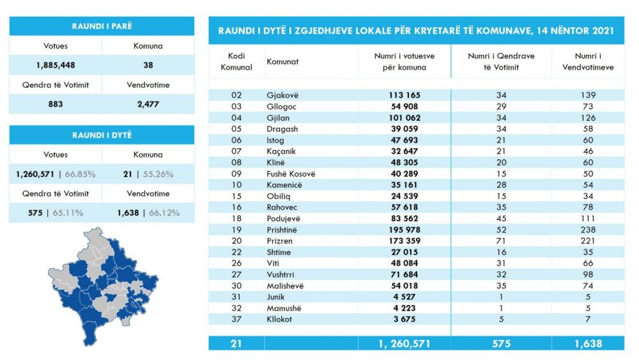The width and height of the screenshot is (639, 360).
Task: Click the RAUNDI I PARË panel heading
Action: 102,26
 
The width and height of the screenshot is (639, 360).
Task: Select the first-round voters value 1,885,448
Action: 56,65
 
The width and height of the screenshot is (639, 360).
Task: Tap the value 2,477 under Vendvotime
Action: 148,104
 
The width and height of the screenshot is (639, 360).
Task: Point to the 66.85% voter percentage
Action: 80,174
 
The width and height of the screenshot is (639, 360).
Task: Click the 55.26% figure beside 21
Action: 158,174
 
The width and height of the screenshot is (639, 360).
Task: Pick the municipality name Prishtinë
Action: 282,230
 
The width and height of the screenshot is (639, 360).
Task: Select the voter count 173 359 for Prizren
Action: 404,241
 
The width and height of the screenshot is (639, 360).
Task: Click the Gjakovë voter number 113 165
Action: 404,95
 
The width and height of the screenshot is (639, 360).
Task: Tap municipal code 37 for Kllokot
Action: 236,319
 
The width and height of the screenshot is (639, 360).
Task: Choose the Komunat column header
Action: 282,61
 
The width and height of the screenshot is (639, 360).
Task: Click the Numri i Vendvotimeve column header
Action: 588,61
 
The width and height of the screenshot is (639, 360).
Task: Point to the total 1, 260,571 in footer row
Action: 404,343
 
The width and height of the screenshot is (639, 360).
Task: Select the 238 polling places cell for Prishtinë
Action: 588,230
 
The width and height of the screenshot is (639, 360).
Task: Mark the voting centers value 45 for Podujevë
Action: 501,219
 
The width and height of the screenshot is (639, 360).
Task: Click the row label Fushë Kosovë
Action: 291,174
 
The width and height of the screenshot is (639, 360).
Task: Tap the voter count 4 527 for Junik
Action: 404,297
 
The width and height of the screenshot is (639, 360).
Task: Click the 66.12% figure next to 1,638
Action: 164,213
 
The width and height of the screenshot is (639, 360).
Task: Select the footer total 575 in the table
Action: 501,343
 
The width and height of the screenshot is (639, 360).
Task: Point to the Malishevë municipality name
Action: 285,286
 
